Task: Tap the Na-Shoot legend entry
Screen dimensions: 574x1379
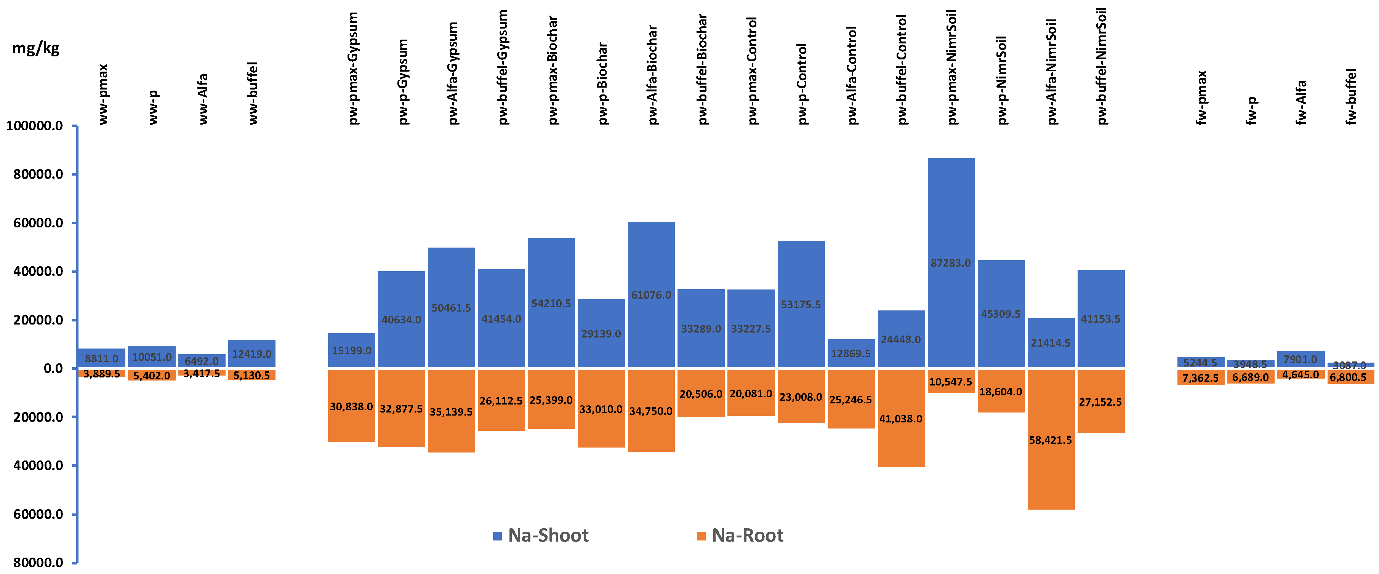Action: tap(541, 536)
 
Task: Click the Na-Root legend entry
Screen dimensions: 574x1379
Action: tap(740, 536)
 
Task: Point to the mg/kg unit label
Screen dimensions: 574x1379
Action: tap(35, 48)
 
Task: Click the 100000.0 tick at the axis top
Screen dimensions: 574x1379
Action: tap(34, 126)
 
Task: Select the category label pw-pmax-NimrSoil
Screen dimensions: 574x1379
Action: tap(951, 67)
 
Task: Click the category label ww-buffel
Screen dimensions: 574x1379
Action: tap(253, 93)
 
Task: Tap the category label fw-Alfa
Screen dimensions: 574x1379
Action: tap(1301, 102)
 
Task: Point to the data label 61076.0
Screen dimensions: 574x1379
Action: tap(651, 295)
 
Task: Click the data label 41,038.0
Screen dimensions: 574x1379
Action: tap(901, 419)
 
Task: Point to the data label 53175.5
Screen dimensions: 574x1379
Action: tap(801, 304)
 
